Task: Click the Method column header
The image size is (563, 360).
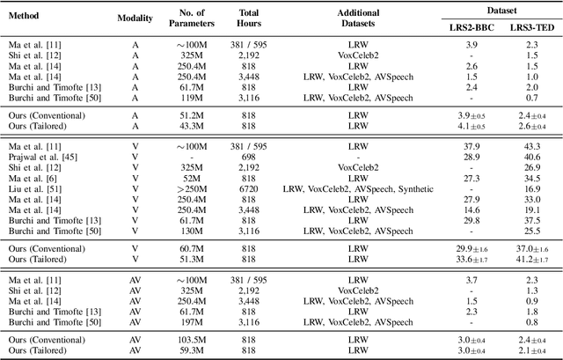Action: click(x=25, y=17)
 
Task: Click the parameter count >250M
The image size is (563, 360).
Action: click(x=196, y=187)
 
